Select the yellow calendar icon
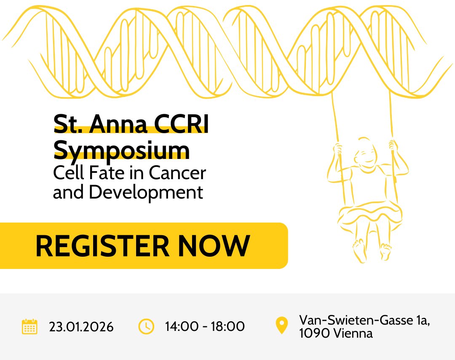[x=29, y=327]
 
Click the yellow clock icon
[x=146, y=327]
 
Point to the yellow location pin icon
[x=281, y=326]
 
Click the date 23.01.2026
[x=81, y=327]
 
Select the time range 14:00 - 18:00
[x=205, y=327]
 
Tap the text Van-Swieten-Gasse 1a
[x=364, y=320]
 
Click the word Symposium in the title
[x=122, y=150]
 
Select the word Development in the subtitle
[x=146, y=192]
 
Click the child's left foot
[x=385, y=252]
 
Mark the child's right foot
[x=359, y=250]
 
